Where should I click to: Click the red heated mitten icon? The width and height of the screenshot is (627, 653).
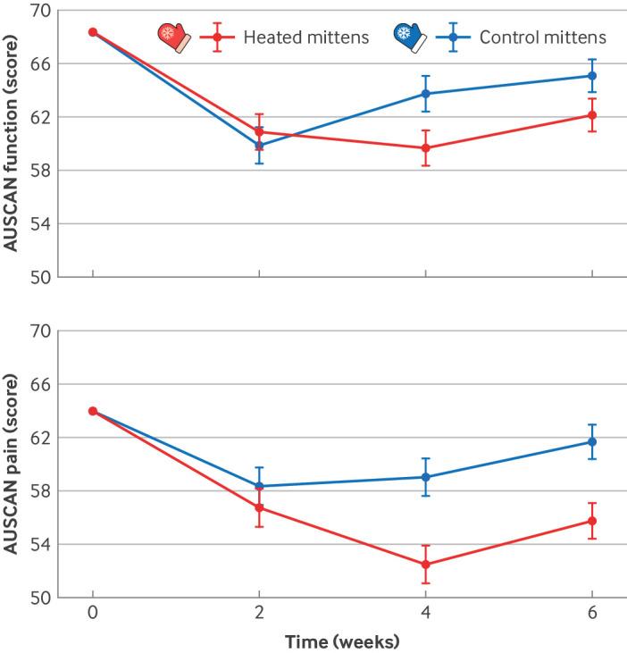tap(173, 37)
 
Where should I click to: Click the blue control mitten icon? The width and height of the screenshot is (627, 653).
tap(408, 37)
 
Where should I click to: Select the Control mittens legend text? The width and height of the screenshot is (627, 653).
tap(543, 38)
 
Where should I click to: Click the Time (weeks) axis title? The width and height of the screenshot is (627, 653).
tap(342, 640)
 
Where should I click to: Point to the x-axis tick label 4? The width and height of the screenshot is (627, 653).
tap(425, 615)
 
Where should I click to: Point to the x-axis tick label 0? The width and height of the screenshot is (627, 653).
tap(92, 615)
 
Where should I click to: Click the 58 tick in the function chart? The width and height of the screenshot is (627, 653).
tap(38, 171)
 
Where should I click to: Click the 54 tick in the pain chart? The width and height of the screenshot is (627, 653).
tap(38, 544)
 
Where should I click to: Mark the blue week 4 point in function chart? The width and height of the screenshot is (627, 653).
tap(425, 94)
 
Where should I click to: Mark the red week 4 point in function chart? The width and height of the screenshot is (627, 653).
tap(425, 148)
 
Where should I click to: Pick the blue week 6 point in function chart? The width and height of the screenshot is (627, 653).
tap(591, 76)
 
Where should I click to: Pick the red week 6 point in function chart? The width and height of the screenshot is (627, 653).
tap(591, 115)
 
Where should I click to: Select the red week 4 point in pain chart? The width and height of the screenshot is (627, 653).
tap(425, 565)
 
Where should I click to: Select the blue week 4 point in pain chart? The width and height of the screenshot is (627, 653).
tap(425, 477)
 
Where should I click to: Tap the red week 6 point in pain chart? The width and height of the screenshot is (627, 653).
tap(591, 521)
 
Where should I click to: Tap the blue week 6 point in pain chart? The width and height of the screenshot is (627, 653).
tap(591, 442)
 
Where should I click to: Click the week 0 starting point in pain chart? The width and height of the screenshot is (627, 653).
tap(92, 411)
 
